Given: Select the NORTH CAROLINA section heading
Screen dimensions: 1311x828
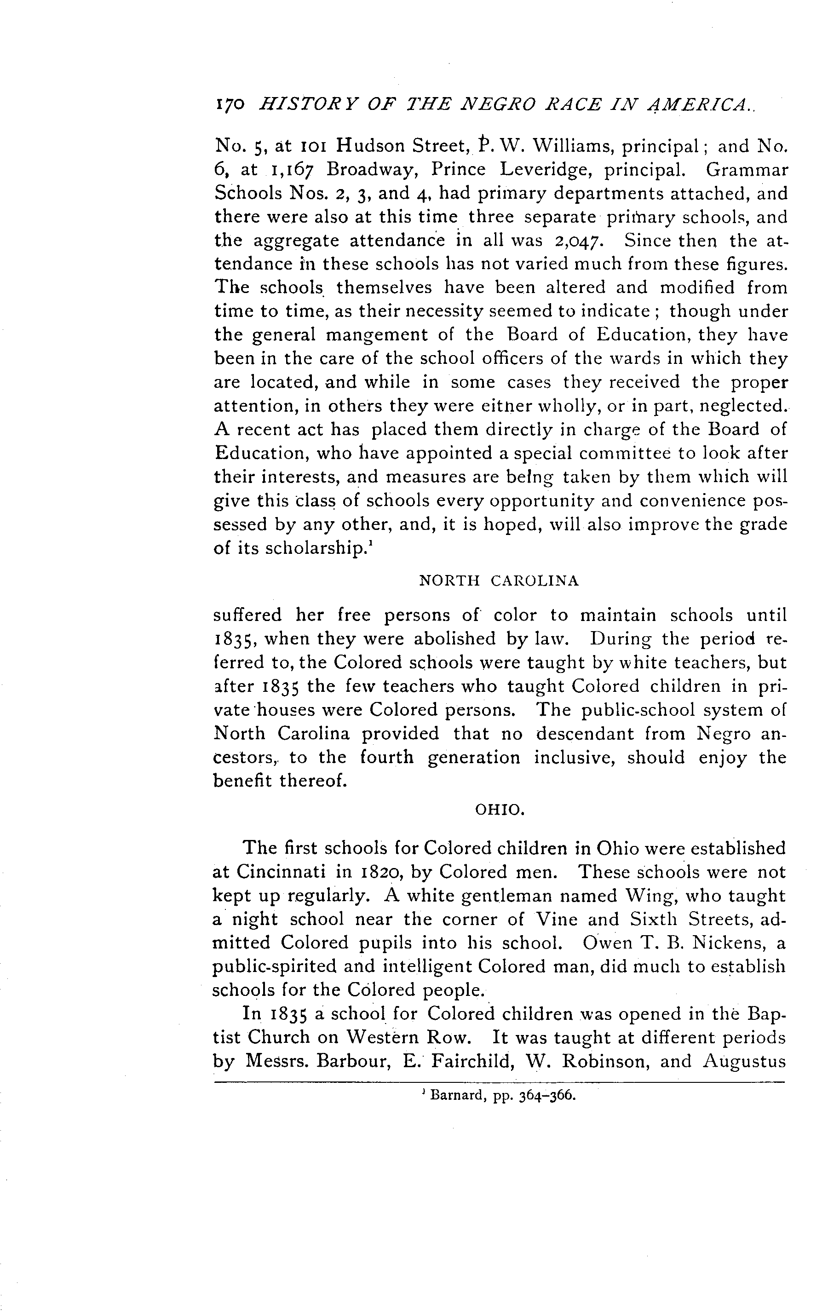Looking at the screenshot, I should (499, 581).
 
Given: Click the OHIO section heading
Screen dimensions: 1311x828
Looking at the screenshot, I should (500, 811).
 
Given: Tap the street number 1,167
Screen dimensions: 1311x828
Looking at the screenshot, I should (291, 170).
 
